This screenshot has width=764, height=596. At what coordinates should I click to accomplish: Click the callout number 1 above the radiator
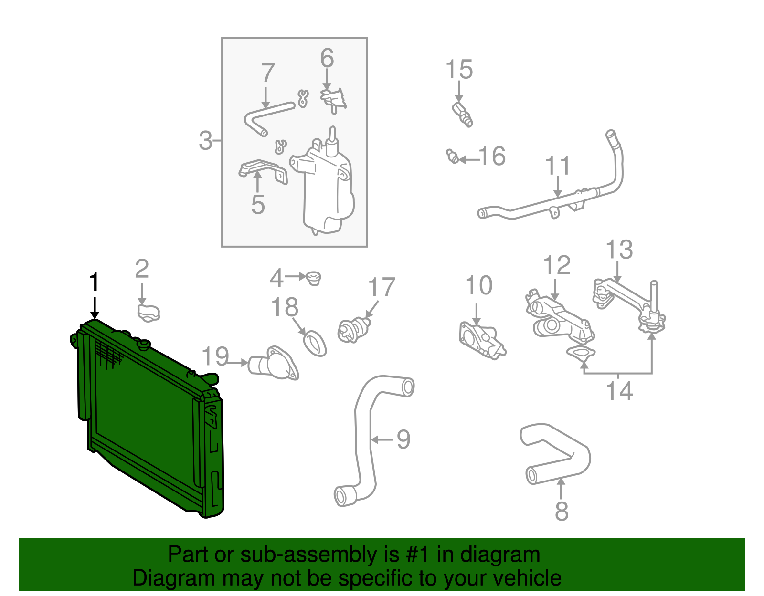click(x=95, y=282)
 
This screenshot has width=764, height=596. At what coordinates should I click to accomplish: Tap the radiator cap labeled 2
click(x=148, y=313)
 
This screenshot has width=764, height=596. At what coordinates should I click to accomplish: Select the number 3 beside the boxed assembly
click(x=205, y=141)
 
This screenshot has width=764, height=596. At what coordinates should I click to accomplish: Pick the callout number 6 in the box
click(x=327, y=58)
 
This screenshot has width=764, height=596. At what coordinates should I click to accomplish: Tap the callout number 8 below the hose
click(x=562, y=511)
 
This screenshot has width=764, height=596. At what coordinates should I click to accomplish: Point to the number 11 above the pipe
click(x=558, y=166)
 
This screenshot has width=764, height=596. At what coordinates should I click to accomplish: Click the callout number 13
click(x=619, y=250)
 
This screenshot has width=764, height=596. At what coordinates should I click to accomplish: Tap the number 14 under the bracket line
click(x=619, y=391)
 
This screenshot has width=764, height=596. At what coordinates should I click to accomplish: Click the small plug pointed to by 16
click(x=453, y=156)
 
